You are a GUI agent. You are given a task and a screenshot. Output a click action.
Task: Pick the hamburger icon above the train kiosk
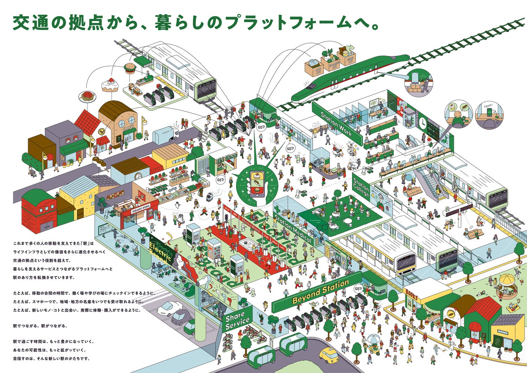130,67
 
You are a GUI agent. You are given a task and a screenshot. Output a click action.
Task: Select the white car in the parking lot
169,308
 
